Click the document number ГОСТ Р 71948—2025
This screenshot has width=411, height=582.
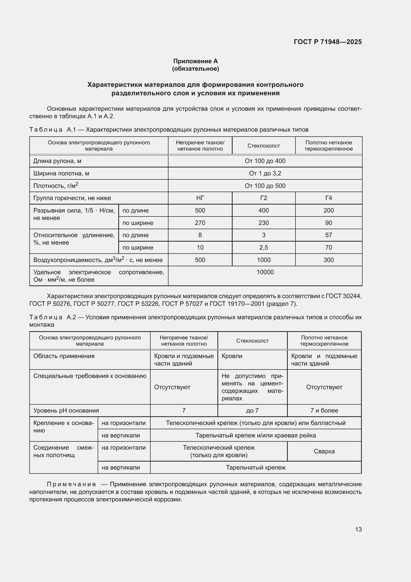click(x=328, y=42)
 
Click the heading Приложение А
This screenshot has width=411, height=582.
click(x=195, y=61)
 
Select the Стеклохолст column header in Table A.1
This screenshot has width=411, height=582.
click(x=263, y=146)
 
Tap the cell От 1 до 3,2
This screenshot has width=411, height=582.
click(x=265, y=173)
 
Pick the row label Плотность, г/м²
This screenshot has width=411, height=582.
click(x=56, y=186)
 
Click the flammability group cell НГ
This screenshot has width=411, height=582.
click(x=200, y=198)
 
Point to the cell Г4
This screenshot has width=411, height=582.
click(x=329, y=198)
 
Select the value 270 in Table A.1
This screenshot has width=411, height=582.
click(x=200, y=223)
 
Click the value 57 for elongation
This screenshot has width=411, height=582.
click(x=329, y=235)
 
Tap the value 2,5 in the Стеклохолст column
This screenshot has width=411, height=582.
click(x=263, y=248)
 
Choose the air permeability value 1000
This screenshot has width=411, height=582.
click(x=263, y=260)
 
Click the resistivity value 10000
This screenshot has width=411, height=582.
click(x=265, y=272)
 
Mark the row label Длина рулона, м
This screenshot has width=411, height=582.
click(x=57, y=161)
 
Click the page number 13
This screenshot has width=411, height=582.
click(x=358, y=529)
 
